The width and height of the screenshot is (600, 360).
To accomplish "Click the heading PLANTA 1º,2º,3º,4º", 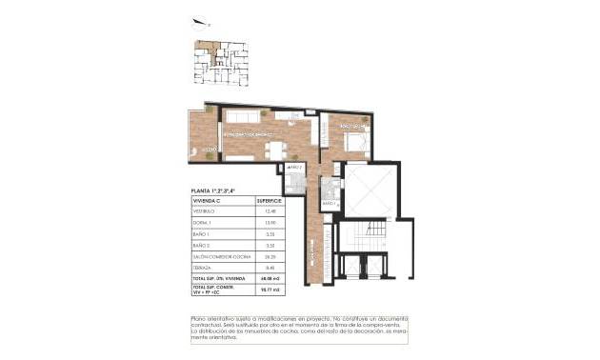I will pos(213,191).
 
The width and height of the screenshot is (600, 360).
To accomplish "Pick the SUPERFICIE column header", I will pos(269,201).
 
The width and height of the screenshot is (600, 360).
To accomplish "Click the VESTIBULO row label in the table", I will pos(205,211).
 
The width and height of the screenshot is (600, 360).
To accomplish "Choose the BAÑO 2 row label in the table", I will pos(202,245).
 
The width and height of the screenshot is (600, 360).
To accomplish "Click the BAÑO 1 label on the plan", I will pos(330,204).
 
